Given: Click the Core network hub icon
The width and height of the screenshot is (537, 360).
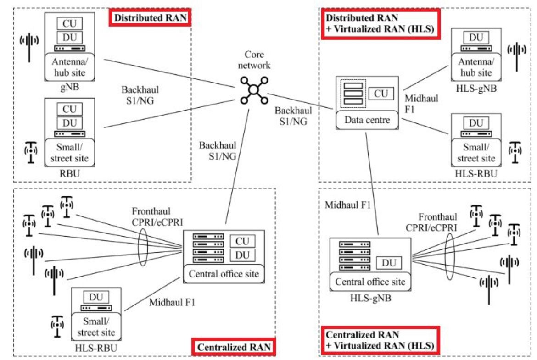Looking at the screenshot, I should click(x=252, y=89).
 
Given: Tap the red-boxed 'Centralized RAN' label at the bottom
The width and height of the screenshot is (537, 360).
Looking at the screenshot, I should click(x=234, y=347).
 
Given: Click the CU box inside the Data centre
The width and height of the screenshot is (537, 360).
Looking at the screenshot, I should click(x=381, y=94).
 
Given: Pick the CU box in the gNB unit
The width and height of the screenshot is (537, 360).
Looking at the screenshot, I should click(x=70, y=21).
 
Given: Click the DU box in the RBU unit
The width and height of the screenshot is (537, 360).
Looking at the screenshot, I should click(x=70, y=122).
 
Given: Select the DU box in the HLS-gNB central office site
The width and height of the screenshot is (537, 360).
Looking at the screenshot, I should click(x=389, y=263).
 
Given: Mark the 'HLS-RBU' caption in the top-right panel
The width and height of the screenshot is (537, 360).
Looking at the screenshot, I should click(x=475, y=174).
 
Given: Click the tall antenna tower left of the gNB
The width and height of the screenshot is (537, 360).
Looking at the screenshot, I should click(x=29, y=46).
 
